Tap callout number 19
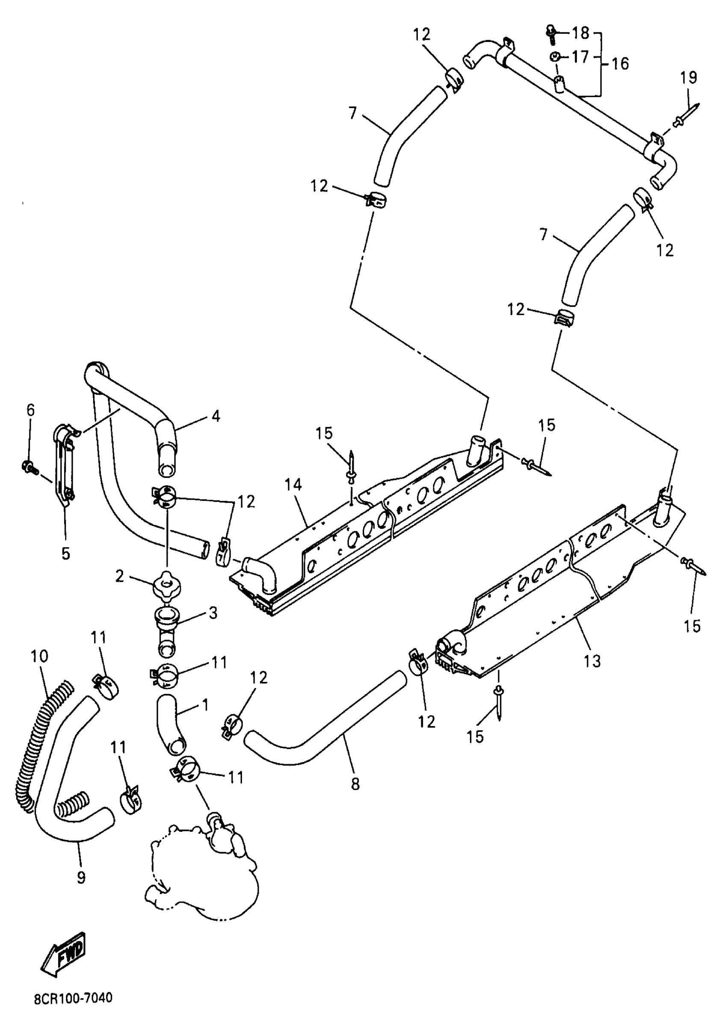pos(689,78)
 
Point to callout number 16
pos(620,64)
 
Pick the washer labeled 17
pos(555,57)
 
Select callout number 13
pos(592,660)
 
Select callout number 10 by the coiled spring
pos(39,657)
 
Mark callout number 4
pos(216,416)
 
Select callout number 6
pos(30,410)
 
